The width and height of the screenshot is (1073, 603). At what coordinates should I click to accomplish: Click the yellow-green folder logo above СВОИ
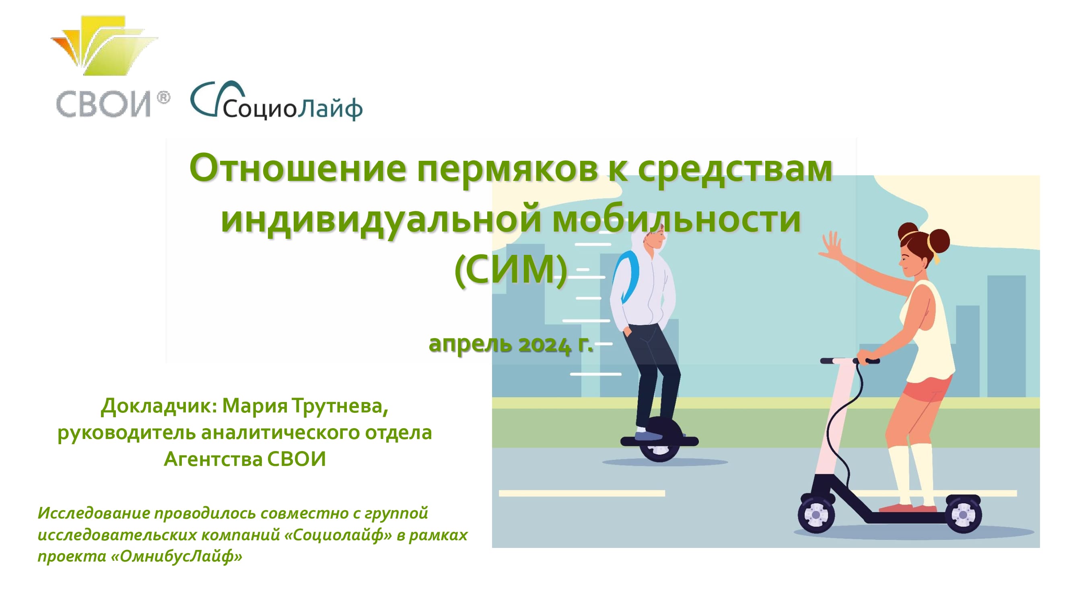pos(104,46)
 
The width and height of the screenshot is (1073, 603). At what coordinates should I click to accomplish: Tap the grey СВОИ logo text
pos(103,104)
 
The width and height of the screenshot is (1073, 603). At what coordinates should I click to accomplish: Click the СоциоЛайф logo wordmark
pos(276,101)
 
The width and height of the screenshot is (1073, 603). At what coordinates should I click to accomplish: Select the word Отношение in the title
pos(298,168)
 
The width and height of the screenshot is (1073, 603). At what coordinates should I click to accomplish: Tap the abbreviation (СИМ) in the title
pos(511,270)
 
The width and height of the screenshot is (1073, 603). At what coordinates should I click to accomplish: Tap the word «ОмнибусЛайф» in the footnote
pos(176,557)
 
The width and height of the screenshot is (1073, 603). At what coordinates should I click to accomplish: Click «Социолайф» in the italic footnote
pos(338,535)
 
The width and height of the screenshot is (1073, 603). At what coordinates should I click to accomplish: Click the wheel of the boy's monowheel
pos(659,442)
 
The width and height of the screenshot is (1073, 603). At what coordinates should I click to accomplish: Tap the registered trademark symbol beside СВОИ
pos(163,98)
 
